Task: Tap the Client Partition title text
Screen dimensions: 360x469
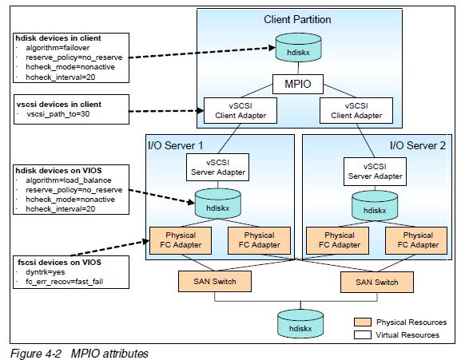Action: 297,18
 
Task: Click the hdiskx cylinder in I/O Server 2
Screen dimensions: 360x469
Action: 373,208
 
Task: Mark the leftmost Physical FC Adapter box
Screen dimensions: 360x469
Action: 178,240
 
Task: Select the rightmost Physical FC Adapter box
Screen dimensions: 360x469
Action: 418,240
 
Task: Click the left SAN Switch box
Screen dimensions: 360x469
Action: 212,282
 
